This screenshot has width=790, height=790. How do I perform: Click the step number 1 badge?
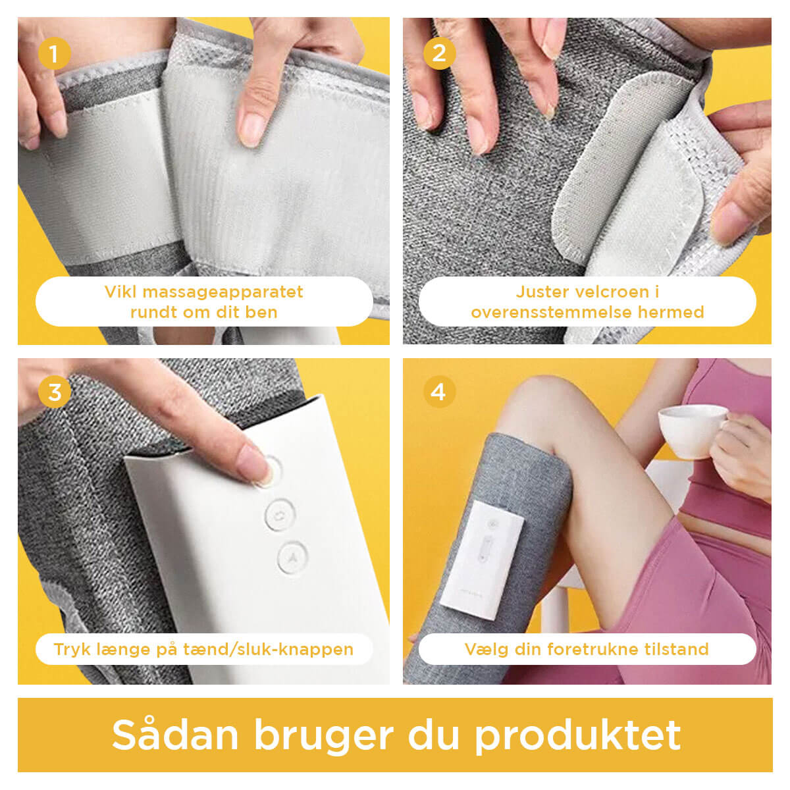[54, 53]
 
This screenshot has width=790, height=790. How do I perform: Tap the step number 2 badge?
[439, 53]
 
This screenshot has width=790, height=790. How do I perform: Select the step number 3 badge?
[54, 392]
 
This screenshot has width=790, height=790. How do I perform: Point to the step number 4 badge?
[439, 392]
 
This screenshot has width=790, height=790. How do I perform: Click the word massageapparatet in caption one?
[223, 292]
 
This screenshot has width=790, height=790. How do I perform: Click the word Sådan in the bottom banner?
[175, 735]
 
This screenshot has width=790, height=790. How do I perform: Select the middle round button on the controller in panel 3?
[280, 514]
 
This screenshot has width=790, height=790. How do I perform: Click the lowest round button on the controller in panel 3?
[292, 558]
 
